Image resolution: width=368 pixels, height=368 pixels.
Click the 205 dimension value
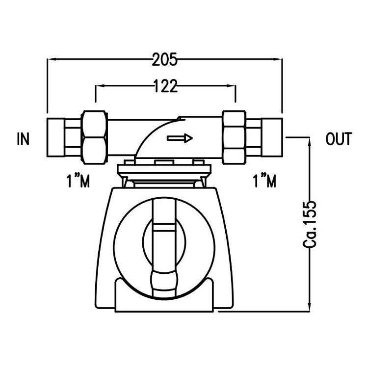click(x=164, y=60)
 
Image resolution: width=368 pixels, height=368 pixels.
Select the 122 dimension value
click(x=165, y=86)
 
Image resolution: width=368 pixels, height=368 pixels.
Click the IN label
click(x=23, y=139)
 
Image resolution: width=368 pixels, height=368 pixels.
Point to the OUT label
click(x=339, y=139)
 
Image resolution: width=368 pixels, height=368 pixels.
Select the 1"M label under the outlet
click(x=264, y=182)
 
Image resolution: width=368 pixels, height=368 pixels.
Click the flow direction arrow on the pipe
click(x=180, y=138)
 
